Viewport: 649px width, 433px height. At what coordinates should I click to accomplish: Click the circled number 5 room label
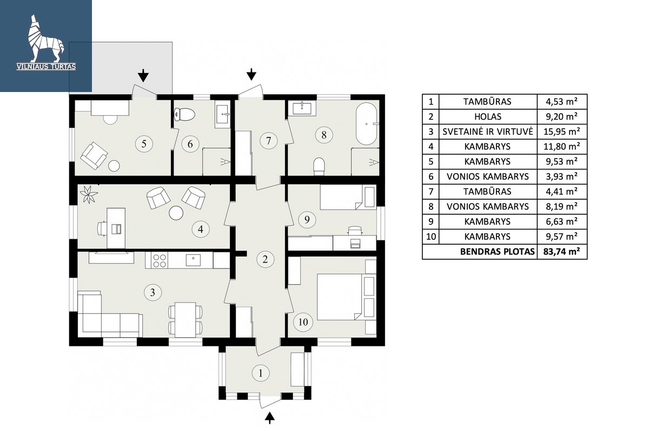[144, 144]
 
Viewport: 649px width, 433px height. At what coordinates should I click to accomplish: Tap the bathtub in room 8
[367, 123]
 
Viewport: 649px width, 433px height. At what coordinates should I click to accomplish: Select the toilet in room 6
[184, 115]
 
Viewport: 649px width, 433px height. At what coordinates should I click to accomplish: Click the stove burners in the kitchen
[160, 260]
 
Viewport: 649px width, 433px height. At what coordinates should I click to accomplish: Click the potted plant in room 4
[88, 195]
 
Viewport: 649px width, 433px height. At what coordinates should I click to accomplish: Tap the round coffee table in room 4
[176, 213]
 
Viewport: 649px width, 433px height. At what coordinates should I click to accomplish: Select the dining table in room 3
[186, 319]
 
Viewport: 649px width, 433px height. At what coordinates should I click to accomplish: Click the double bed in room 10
[340, 297]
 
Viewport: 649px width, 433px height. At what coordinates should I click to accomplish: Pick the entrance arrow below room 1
[270, 418]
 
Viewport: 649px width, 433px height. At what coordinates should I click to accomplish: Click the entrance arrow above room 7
[251, 74]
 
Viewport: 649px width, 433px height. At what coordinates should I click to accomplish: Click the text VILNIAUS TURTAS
[46, 67]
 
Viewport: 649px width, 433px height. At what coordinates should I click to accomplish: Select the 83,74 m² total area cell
[562, 251]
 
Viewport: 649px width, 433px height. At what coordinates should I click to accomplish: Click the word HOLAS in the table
[488, 116]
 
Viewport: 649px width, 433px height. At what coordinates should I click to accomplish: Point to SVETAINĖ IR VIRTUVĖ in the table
[488, 132]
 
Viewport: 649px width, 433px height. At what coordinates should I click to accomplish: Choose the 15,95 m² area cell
[562, 132]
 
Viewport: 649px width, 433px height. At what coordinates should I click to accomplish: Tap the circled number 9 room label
[307, 220]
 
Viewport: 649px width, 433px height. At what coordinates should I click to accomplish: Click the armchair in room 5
[94, 155]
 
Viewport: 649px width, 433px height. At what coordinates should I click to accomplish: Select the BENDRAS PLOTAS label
[497, 252]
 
